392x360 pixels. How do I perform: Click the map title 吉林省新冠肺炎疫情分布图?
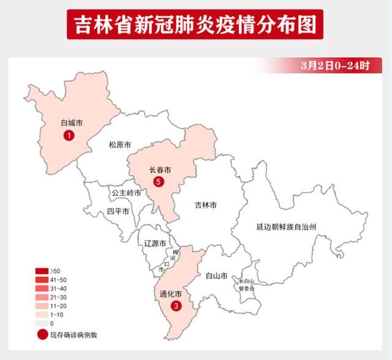195,25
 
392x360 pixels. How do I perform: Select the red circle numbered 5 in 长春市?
159,181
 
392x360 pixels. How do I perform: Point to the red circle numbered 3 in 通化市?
176,306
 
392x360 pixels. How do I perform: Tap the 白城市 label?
71,123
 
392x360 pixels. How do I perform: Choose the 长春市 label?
160,169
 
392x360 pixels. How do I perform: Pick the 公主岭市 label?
126,192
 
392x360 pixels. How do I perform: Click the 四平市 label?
118,211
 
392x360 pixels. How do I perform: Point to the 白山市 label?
217,276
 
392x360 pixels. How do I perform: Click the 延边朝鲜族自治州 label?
295,227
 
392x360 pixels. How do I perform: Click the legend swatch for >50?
42,271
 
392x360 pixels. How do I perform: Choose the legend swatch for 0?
42,323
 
